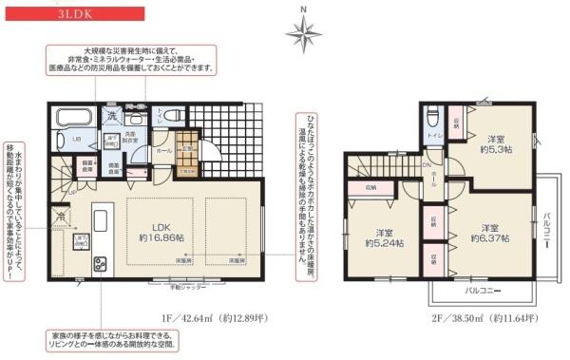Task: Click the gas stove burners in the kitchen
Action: [x=74, y=262]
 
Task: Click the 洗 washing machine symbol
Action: [x=110, y=117]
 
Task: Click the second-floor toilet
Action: [x=432, y=120]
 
